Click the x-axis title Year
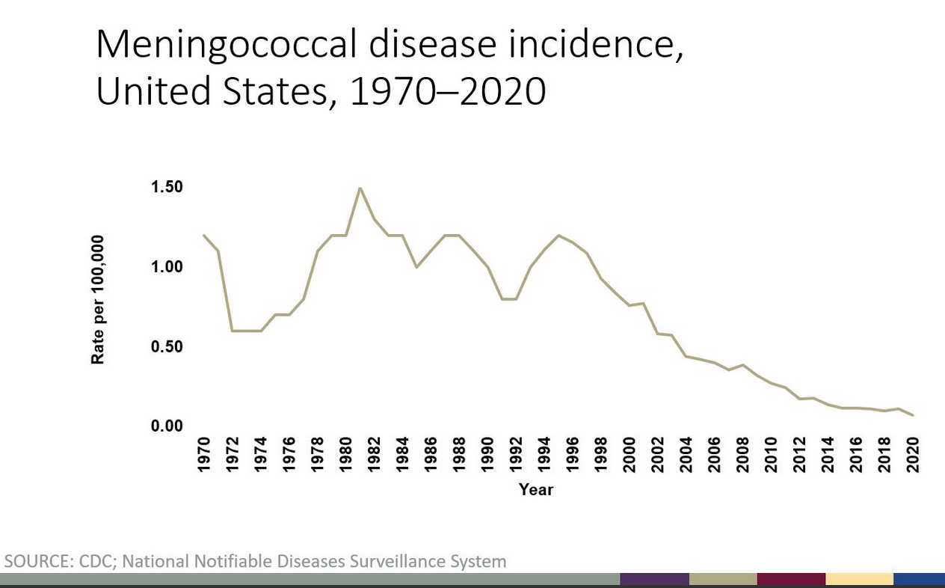point(536,490)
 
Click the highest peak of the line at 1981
point(360,188)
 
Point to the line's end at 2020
point(913,415)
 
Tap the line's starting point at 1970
point(204,236)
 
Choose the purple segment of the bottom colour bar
point(654,580)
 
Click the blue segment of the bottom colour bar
point(919,580)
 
